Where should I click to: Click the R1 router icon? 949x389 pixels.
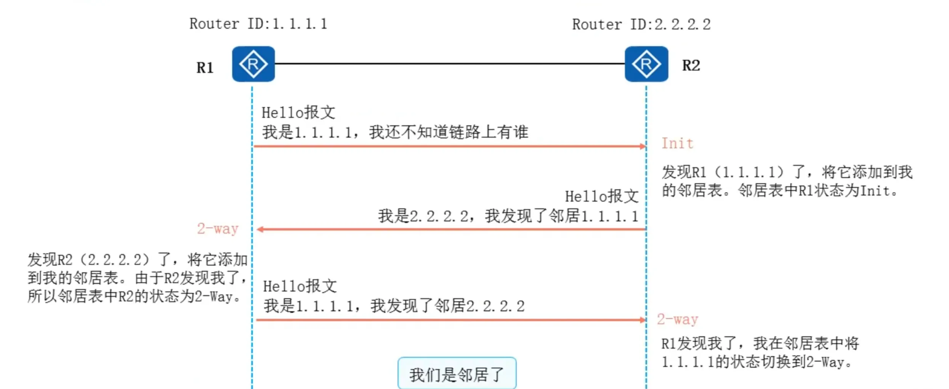click(253, 64)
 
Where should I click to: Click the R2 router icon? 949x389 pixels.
click(646, 64)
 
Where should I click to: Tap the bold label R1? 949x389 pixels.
click(205, 68)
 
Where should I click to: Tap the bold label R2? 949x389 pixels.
click(691, 65)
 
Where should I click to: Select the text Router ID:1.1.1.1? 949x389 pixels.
click(258, 24)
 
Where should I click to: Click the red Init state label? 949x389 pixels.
click(677, 143)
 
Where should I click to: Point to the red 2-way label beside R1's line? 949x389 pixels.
click(218, 229)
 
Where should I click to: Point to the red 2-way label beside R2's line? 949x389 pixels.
click(677, 319)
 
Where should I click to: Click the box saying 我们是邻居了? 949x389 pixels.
click(457, 374)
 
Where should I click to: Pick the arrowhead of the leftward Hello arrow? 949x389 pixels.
click(260, 229)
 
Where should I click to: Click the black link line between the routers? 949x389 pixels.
click(450, 64)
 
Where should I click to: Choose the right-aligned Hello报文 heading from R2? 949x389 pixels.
click(601, 196)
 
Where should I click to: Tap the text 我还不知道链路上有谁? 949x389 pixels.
click(449, 132)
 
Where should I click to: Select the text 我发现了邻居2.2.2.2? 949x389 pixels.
click(447, 306)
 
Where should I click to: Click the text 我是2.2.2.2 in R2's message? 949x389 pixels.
click(423, 216)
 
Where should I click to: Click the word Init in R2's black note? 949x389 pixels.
click(877, 190)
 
